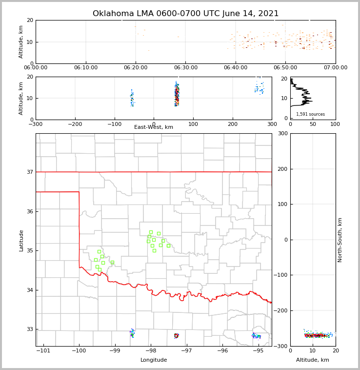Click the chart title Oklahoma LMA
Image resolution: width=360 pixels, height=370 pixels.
[x=185, y=14]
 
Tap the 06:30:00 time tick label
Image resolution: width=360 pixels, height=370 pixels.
[x=186, y=68]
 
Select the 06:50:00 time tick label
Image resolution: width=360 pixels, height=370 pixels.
[x=285, y=68]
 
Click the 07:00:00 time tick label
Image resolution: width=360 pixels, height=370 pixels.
[x=335, y=68]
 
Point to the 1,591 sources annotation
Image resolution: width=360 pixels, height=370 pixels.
[x=310, y=114]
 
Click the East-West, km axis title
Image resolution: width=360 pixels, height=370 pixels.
[x=154, y=127]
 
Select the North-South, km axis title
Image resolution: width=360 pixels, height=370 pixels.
[x=340, y=240]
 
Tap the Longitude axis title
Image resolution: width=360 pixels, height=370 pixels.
[x=154, y=360]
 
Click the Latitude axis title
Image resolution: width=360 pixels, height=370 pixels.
[x=21, y=240]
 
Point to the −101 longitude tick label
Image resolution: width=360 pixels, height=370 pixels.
[x=43, y=350]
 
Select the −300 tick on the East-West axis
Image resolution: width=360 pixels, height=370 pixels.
[x=36, y=124]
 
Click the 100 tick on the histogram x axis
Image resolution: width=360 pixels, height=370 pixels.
[x=335, y=124]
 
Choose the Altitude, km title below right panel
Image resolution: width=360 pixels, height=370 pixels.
[x=313, y=360]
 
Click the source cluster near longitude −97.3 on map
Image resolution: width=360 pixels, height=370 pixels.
[x=176, y=335]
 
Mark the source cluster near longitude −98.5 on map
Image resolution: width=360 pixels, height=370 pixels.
[x=132, y=333]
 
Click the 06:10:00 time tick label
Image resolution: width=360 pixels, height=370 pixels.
[x=86, y=68]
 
